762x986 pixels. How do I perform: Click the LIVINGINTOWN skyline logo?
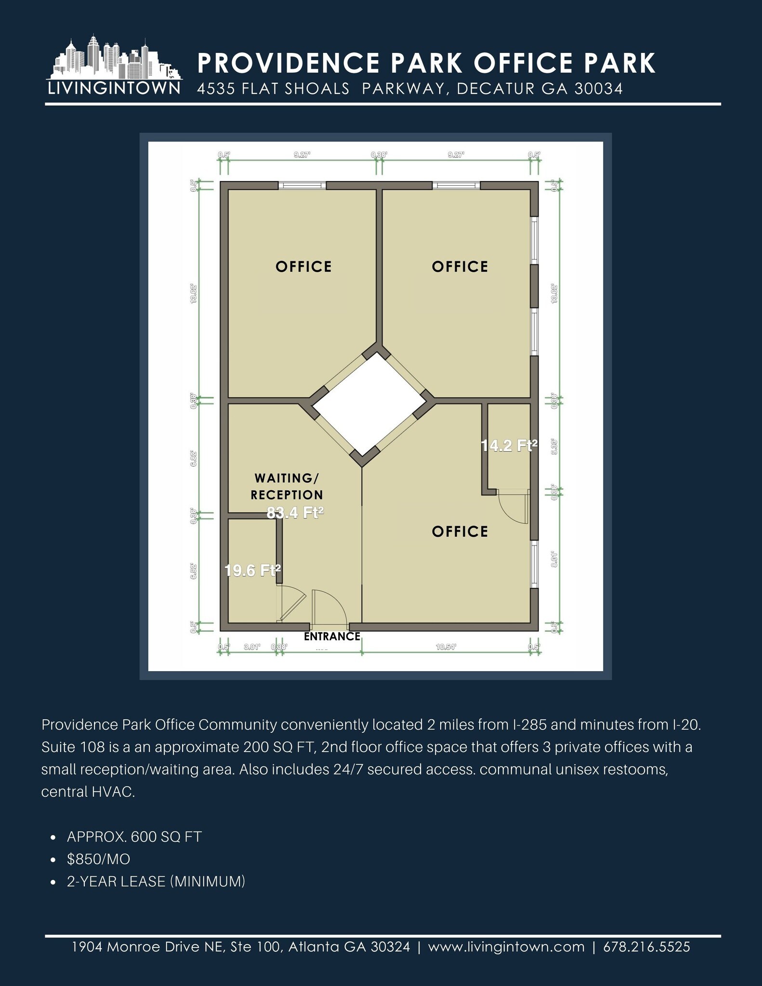coord(114,65)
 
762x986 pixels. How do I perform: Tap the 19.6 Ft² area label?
coord(252,571)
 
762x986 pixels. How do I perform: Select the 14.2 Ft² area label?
coord(509,446)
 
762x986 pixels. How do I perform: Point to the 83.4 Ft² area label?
coord(295,513)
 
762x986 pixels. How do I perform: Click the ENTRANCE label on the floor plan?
coord(332,636)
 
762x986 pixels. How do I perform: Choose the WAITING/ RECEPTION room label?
coord(287,486)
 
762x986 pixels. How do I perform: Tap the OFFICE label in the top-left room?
coord(303,267)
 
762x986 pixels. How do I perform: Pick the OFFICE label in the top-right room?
coord(460,267)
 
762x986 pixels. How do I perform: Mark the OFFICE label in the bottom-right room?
coord(460,532)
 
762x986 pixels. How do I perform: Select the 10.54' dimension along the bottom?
coord(446,647)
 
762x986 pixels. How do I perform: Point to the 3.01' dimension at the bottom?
coord(252,647)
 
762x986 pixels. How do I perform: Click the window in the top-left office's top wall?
coord(302,185)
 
